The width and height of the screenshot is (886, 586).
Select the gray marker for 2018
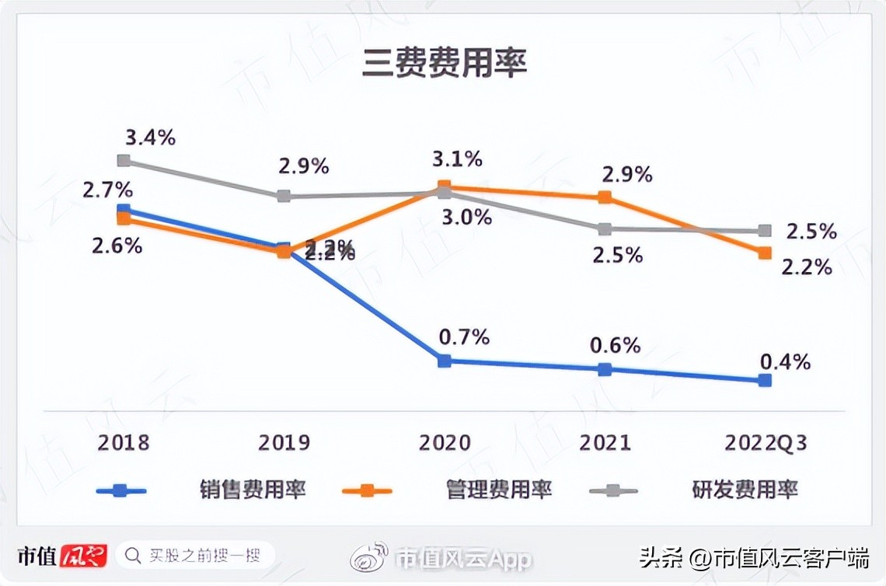point(124,160)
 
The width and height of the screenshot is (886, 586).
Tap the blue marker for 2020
point(444,361)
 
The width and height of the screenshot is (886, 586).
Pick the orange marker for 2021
point(605,197)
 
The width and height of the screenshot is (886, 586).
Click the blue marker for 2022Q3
point(765,380)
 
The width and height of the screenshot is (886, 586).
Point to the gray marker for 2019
point(284,196)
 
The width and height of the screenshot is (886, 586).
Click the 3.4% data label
point(150,138)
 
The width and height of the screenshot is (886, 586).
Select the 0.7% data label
point(464,337)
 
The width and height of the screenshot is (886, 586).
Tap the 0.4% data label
point(785,361)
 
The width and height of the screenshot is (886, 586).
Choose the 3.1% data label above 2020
point(457,159)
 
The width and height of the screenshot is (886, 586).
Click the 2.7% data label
point(107,190)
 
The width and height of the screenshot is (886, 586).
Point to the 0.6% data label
point(615,345)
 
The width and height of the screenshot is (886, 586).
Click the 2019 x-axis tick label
point(284,443)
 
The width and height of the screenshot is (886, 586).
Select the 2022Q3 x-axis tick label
point(765,443)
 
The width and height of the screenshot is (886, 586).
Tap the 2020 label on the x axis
point(445,443)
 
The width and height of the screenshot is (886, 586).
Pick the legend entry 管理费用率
point(499,490)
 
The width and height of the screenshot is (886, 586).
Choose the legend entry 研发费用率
point(745,490)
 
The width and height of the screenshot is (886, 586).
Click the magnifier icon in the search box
point(134,555)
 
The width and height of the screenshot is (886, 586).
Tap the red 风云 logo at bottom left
point(82,555)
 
